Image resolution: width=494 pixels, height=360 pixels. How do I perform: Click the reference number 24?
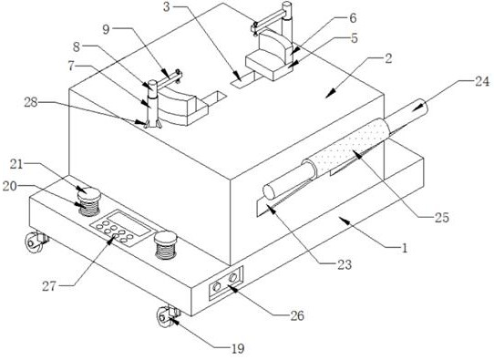[x=482, y=82]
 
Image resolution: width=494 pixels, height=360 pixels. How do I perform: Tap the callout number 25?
[x=441, y=218]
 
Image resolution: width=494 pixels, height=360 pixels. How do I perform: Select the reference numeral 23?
[x=345, y=264]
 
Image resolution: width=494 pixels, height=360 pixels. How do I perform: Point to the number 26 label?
[x=297, y=315]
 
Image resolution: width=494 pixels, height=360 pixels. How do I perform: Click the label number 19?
[x=238, y=349]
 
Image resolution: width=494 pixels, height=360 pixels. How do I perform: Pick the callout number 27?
[x=49, y=286]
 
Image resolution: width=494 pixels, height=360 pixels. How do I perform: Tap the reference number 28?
[x=31, y=102]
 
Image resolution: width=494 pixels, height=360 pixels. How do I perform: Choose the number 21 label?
[x=16, y=164]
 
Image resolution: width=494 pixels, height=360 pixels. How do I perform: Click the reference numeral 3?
[x=167, y=7]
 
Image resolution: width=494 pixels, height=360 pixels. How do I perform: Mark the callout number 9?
[x=106, y=29]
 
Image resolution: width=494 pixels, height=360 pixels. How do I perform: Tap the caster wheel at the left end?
[x=34, y=242]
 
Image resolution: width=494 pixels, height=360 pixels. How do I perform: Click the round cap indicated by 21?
[x=89, y=193]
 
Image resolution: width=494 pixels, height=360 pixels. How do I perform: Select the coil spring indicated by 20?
[x=89, y=208]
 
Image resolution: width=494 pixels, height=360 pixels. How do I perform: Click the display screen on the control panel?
[x=129, y=223]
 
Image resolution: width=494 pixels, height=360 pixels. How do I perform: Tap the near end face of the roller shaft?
[x=269, y=191]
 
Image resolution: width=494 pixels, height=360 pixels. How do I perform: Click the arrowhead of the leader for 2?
[x=329, y=94]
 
